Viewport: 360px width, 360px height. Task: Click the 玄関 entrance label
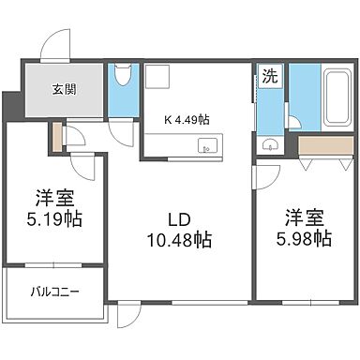tap(64, 91)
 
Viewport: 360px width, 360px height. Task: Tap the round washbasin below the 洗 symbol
tap(269, 143)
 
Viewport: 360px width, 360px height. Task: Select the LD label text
tap(178, 218)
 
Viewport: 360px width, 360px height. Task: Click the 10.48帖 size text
tap(178, 240)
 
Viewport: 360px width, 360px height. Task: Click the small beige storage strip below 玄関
tap(59, 137)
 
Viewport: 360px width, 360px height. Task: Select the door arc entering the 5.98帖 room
tap(268, 178)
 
